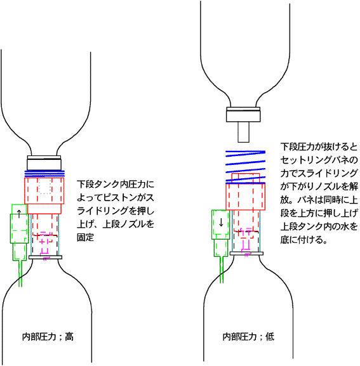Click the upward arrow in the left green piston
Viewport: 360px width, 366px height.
coord(19,214)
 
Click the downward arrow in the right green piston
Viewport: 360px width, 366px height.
coord(221,223)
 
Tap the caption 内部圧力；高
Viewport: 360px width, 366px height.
coord(48,337)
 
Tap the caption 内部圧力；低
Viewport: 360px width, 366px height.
coord(248,337)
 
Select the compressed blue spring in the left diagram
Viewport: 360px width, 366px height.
coord(44,174)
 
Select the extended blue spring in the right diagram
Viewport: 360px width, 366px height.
coord(245,167)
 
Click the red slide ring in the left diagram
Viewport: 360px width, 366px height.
coord(44,195)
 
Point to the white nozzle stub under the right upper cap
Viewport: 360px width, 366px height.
coord(243,132)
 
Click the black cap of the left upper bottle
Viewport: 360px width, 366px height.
coord(44,163)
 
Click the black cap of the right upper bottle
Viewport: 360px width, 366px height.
coord(243,114)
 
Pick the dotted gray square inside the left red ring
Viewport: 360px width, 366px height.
coord(45,186)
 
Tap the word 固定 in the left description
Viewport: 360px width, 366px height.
coord(86,237)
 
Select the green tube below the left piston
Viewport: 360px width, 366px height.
coord(20,273)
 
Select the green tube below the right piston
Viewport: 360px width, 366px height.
coord(222,270)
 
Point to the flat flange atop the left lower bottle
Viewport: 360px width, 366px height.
coord(45,258)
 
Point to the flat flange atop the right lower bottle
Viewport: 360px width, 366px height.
coord(247,254)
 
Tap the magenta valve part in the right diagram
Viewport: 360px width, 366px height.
coord(246,242)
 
